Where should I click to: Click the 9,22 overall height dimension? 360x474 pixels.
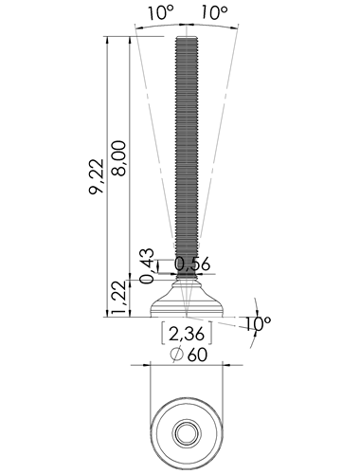tap(96, 176)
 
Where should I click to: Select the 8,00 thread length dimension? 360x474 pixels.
tap(118, 157)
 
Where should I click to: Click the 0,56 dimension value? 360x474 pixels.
tap(192, 264)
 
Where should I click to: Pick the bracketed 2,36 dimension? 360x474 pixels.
tap(187, 334)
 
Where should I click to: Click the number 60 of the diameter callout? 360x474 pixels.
tap(198, 355)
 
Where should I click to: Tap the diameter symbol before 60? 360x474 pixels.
tap(177, 355)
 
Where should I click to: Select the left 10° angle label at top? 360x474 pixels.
tap(161, 13)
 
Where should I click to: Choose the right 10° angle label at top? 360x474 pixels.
tap(214, 13)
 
